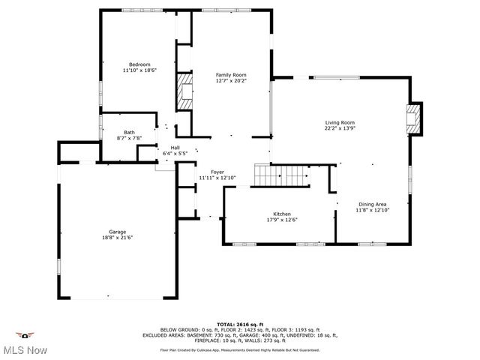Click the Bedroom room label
tap(139, 64)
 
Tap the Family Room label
tap(231, 75)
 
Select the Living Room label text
tap(339, 123)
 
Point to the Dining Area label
tap(372, 205)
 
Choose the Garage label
tap(116, 232)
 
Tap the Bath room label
tap(129, 133)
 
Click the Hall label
tap(175, 148)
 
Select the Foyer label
tap(217, 172)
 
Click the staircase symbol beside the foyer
tap(280, 175)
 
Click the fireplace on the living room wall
tap(412, 118)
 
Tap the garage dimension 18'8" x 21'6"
tap(116, 238)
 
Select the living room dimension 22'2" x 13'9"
tap(339, 128)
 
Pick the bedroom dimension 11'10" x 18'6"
tap(139, 70)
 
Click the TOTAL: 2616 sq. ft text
tap(239, 324)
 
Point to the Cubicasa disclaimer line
tap(239, 349)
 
